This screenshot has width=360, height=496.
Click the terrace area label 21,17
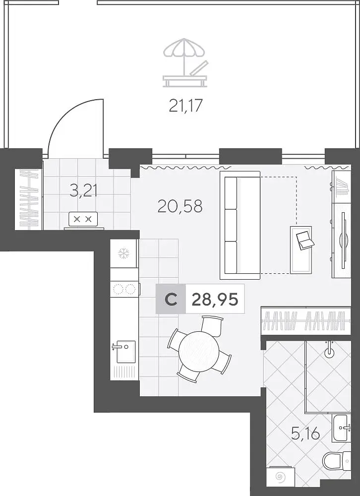(x=185, y=105)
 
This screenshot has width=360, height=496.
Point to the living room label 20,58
(x=180, y=206)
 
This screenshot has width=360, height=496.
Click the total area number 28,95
(x=215, y=299)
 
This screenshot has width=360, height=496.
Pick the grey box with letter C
(x=171, y=299)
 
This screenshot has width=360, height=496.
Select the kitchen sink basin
(x=126, y=351)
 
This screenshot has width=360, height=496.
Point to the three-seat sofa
(x=240, y=225)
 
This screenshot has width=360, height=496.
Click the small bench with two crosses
(x=83, y=219)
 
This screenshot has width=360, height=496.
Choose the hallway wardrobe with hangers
(x=29, y=198)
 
